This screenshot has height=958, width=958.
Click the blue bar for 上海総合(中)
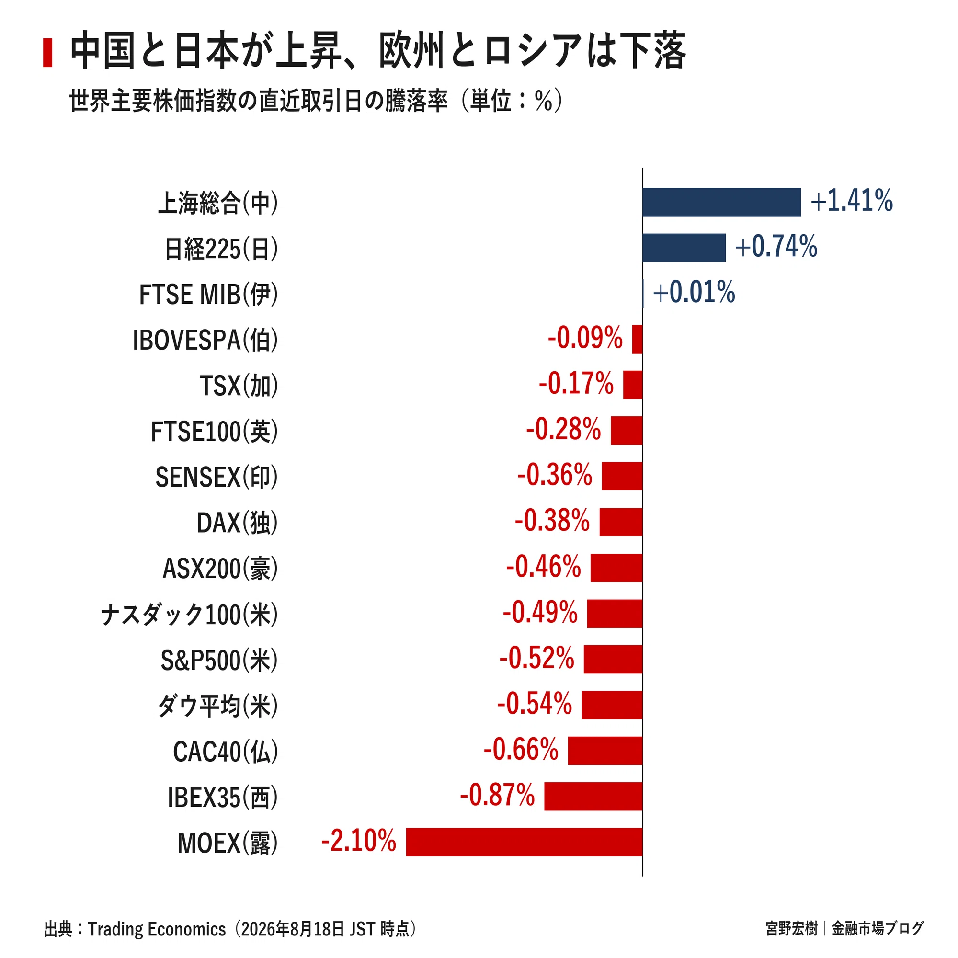[721, 202]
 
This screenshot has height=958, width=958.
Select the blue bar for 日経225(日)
[684, 248]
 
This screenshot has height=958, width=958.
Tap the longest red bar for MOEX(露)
[524, 842]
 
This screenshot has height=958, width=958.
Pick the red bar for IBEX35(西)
[593, 797]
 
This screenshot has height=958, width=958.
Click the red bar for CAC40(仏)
[605, 751]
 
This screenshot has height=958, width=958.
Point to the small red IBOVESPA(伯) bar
[637, 339]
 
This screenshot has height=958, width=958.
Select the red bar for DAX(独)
[621, 522]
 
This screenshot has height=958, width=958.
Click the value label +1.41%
[851, 201]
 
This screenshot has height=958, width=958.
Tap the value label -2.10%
[358, 841]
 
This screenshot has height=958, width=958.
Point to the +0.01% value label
[694, 292]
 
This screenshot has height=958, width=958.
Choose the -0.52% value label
[536, 658]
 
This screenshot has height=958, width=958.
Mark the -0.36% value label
[554, 475]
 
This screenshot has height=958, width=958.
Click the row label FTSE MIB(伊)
[208, 295]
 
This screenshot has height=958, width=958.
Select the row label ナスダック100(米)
[189, 615]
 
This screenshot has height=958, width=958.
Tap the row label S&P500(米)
[219, 661]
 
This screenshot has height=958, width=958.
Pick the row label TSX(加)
[239, 386]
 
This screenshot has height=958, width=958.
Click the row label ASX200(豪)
[220, 569]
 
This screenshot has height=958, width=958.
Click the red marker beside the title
[47, 53]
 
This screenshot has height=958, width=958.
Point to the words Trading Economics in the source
[157, 929]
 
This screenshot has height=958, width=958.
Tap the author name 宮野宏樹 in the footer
[791, 928]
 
